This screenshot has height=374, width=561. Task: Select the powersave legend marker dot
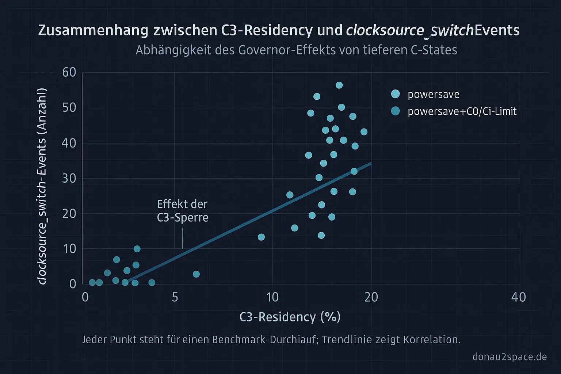click(395, 94)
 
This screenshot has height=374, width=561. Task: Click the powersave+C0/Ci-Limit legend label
click(462, 111)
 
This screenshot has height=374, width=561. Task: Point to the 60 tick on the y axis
click(69, 72)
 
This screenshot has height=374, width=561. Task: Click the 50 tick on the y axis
click(69, 108)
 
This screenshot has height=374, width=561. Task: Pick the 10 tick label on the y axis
click(69, 249)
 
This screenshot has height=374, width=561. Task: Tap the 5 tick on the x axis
click(175, 297)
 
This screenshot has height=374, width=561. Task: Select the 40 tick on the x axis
click(519, 297)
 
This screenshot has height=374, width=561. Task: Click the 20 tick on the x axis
click(371, 297)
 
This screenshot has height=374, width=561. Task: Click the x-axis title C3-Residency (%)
click(290, 317)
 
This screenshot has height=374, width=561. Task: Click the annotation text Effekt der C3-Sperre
click(183, 211)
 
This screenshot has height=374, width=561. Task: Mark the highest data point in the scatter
click(339, 85)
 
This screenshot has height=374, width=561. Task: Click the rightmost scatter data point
click(364, 132)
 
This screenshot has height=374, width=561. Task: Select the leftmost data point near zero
click(92, 282)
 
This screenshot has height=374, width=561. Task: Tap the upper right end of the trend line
click(371, 163)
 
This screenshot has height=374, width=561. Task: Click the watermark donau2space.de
click(510, 356)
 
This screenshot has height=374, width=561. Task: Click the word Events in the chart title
click(497, 30)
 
